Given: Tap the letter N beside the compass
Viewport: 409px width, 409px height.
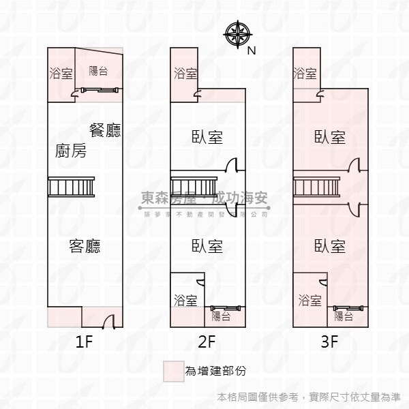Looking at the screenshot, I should [251, 50].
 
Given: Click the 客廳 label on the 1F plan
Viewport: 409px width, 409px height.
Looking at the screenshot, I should [85, 246].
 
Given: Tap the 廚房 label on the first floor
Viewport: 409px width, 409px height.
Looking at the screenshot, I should [70, 151].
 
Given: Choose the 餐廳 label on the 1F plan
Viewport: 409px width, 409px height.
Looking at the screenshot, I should [105, 130].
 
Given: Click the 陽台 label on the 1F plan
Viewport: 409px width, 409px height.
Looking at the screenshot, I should [99, 70].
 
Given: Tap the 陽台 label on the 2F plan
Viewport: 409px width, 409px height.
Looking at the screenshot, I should [221, 316].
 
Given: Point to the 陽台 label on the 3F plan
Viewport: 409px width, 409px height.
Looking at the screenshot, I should [344, 316].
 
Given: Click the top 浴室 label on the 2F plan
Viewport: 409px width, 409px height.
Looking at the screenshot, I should [185, 73].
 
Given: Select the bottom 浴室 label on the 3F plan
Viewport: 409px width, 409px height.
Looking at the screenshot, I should [309, 300].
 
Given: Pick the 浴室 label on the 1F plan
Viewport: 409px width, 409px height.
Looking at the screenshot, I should [61, 73].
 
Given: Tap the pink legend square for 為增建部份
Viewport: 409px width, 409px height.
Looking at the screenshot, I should [173, 371].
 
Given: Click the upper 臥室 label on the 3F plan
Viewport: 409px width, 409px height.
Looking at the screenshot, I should [330, 137].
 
